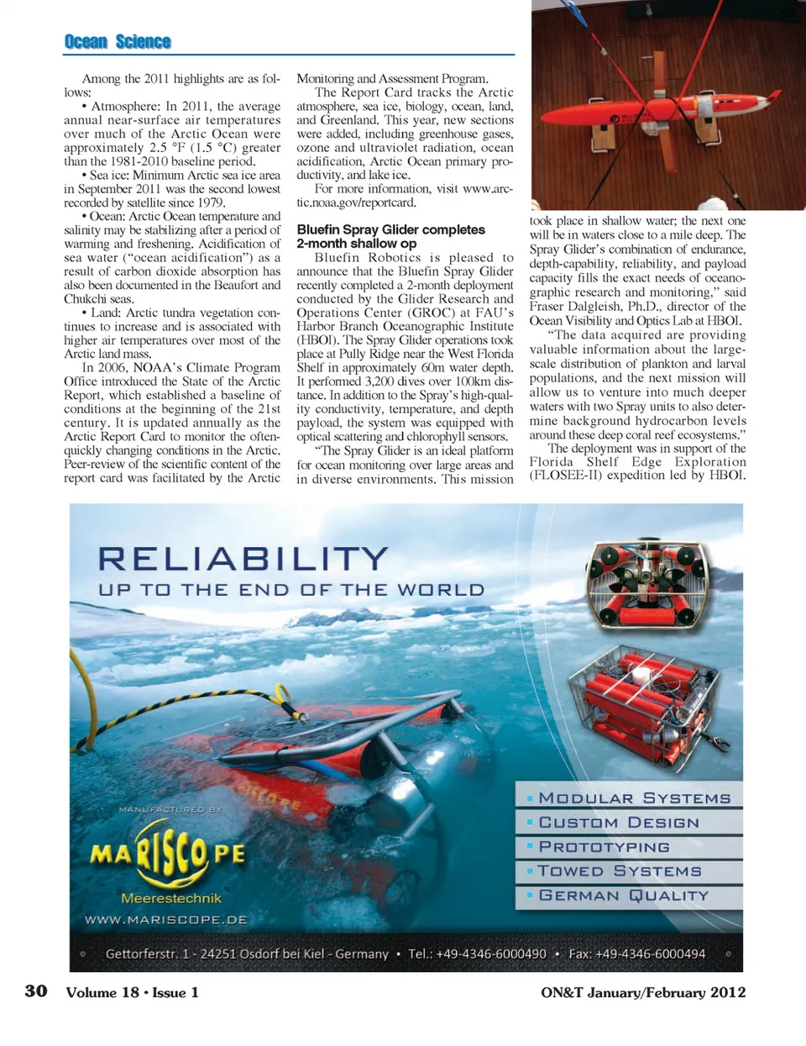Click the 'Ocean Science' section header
(x=118, y=42)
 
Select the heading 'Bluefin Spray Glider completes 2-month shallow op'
(x=390, y=236)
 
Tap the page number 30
(x=36, y=991)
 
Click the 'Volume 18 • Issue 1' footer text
(x=133, y=992)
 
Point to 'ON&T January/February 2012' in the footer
(x=643, y=992)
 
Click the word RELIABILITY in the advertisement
(x=243, y=559)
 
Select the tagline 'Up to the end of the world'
(x=291, y=590)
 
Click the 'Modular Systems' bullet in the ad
(x=634, y=798)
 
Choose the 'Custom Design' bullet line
(x=619, y=823)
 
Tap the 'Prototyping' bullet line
(x=604, y=847)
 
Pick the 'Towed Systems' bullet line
(x=620, y=871)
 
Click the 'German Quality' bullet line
(x=624, y=896)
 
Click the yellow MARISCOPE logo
(x=168, y=855)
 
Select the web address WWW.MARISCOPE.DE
(x=166, y=920)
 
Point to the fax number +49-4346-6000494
(x=637, y=954)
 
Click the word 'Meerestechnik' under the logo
(x=171, y=898)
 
